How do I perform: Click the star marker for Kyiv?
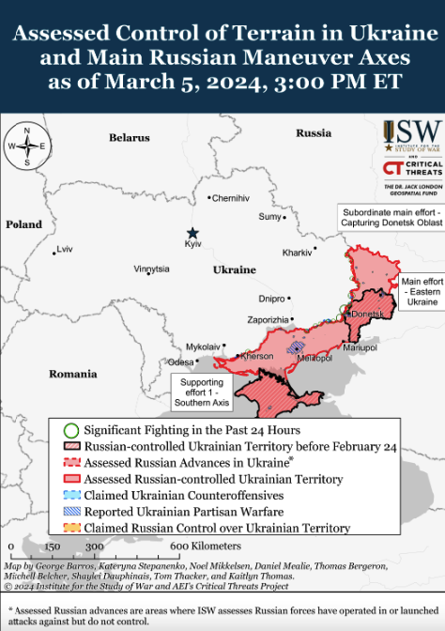tap(192, 233)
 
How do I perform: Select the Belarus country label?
tap(129, 138)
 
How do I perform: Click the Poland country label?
tap(23, 225)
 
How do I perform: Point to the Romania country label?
tap(73, 374)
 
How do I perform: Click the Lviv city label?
tap(64, 249)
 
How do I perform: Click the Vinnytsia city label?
tap(151, 269)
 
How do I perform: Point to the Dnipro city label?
tap(271, 299)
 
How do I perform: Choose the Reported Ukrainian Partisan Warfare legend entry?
tap(184, 511)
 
